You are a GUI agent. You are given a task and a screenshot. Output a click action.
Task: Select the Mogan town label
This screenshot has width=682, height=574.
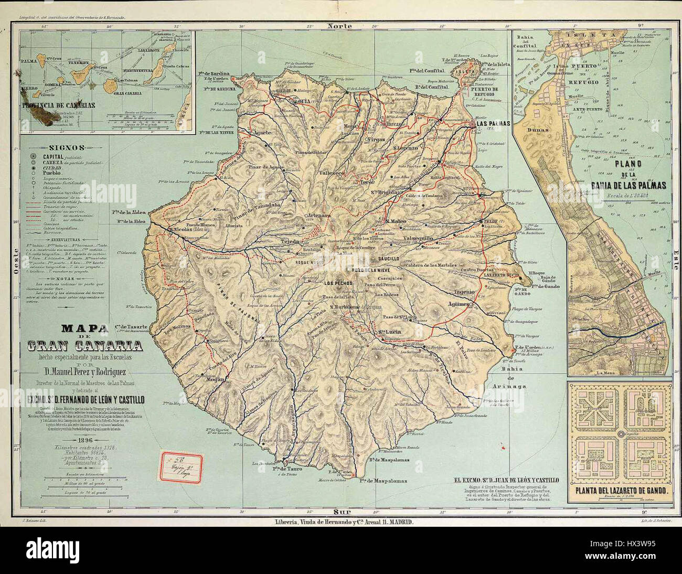pos(216,379)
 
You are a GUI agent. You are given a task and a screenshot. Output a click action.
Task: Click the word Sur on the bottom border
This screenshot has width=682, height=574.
pos(341,510)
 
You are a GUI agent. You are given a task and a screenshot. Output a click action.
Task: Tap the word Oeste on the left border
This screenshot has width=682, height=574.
pos(12,267)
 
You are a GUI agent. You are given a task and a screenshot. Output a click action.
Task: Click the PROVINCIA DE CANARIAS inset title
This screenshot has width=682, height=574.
pos(59,105)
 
